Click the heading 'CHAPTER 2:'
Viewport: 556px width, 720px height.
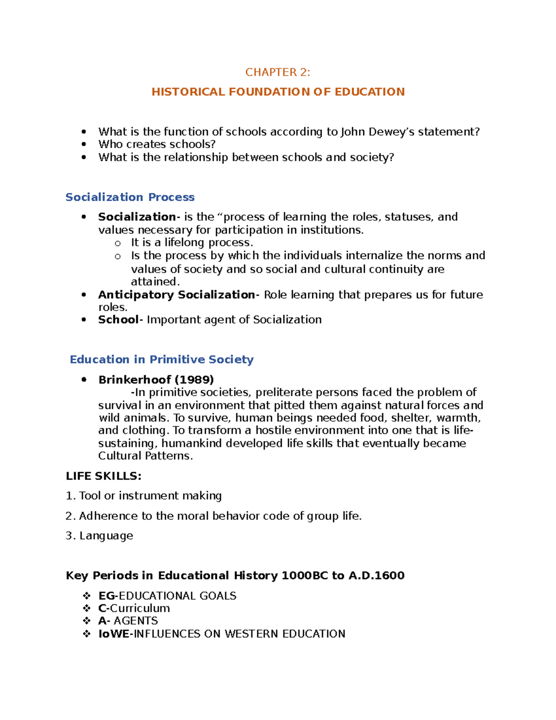[x=278, y=72]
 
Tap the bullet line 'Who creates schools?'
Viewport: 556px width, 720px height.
[x=157, y=144]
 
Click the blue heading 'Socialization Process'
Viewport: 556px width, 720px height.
[x=130, y=197]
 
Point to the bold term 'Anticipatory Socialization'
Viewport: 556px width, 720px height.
[x=176, y=295]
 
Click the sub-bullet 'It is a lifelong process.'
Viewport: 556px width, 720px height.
[x=192, y=242]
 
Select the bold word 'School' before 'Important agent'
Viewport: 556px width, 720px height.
[x=118, y=320]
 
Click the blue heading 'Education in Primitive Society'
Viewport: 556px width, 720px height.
[x=161, y=360]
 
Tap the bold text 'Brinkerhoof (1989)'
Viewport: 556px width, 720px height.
[x=156, y=380]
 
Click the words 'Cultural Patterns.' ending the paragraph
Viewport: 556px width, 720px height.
[x=145, y=456]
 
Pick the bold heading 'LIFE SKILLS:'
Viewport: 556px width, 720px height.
[x=103, y=476]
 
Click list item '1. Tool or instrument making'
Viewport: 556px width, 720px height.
[x=144, y=496]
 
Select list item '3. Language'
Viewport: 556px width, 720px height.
[x=99, y=536]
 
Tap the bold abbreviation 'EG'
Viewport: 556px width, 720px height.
[x=106, y=596]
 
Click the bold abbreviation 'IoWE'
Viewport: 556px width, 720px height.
[x=114, y=634]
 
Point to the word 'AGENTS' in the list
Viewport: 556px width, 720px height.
[x=136, y=621]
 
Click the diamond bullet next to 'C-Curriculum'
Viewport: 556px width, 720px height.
[x=87, y=608]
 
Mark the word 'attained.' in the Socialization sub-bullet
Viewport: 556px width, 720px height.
[x=155, y=282]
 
